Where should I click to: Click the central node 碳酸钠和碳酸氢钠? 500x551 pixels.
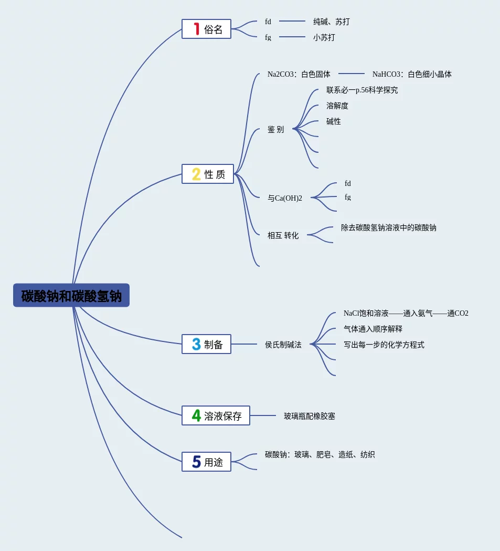click(71, 295)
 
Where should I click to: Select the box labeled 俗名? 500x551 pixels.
click(206, 29)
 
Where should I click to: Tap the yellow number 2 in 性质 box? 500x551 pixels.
click(196, 174)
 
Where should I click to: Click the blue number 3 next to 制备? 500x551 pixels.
click(196, 344)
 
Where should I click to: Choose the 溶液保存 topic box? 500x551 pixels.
click(216, 415)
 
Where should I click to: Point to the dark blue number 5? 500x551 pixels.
click(196, 462)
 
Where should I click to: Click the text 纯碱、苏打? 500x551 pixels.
click(331, 22)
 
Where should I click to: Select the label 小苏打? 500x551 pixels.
click(324, 37)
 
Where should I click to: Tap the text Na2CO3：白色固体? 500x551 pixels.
click(299, 74)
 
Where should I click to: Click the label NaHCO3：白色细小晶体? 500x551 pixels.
click(411, 74)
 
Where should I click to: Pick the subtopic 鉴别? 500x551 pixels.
click(275, 129)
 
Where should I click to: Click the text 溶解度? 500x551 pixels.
click(337, 106)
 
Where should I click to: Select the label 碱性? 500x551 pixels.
click(333, 121)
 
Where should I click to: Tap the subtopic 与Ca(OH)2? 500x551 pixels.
click(284, 198)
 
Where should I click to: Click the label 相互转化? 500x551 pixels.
click(283, 235)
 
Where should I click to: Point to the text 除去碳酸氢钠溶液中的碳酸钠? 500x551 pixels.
click(388, 228)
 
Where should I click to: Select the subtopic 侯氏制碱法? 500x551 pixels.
click(283, 345)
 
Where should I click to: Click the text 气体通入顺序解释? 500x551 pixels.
click(373, 329)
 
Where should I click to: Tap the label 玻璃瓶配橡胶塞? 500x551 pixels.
click(309, 416)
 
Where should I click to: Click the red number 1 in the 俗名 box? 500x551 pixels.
click(197, 29)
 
